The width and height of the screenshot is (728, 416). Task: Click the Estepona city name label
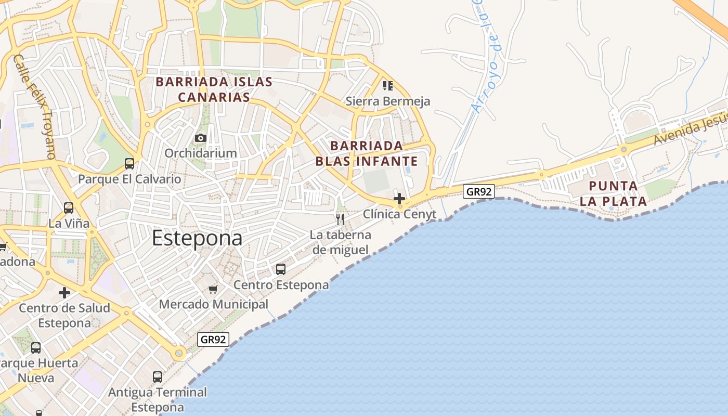pyautogui.click(x=197, y=238)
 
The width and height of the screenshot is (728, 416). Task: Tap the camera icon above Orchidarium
pyautogui.click(x=200, y=138)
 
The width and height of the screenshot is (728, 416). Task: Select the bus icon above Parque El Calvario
pyautogui.click(x=129, y=164)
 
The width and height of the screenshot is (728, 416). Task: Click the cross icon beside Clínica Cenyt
pyautogui.click(x=399, y=199)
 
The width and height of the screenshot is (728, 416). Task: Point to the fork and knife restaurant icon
pyautogui.click(x=340, y=219)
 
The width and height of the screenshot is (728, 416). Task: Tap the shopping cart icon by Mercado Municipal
pyautogui.click(x=213, y=289)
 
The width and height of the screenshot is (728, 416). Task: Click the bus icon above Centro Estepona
pyautogui.click(x=281, y=269)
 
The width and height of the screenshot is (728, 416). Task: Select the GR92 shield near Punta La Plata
pyautogui.click(x=479, y=191)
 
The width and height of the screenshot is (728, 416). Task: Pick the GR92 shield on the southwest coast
pyautogui.click(x=214, y=340)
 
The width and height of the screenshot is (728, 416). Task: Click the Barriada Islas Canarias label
pyautogui.click(x=214, y=89)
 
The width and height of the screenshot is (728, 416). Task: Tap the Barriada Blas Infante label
pyautogui.click(x=367, y=153)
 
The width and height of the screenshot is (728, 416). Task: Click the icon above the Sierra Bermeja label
pyautogui.click(x=387, y=85)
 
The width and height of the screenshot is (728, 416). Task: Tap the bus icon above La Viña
pyautogui.click(x=69, y=208)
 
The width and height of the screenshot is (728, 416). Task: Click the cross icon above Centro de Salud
pyautogui.click(x=64, y=293)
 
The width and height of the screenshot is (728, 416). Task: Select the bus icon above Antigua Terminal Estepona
pyautogui.click(x=158, y=377)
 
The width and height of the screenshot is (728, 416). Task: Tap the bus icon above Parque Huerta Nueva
pyautogui.click(x=36, y=348)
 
